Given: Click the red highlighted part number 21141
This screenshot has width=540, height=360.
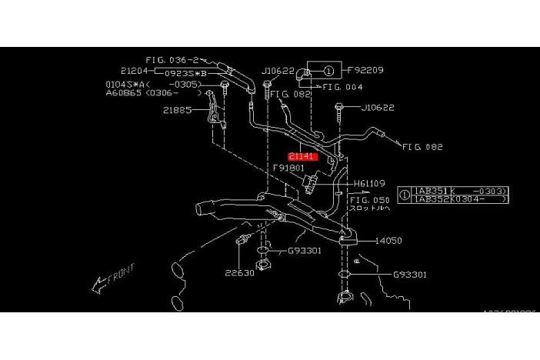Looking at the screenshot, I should (x=302, y=156).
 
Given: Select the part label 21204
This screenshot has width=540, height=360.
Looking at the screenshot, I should (x=135, y=69).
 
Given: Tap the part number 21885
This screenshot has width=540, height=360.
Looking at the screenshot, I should (x=176, y=110).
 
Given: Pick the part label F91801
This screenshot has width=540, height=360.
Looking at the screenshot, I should (x=288, y=167).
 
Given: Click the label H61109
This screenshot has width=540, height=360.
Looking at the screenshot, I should (x=371, y=184).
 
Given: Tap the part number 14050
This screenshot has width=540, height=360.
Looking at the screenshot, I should (x=388, y=240).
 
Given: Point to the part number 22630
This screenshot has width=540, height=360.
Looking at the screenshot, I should (x=239, y=272).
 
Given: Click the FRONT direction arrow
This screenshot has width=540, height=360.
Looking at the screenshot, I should (x=112, y=279).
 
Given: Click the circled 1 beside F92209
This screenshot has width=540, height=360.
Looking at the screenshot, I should (x=328, y=71).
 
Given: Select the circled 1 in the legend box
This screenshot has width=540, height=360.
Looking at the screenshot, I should (x=405, y=194).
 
